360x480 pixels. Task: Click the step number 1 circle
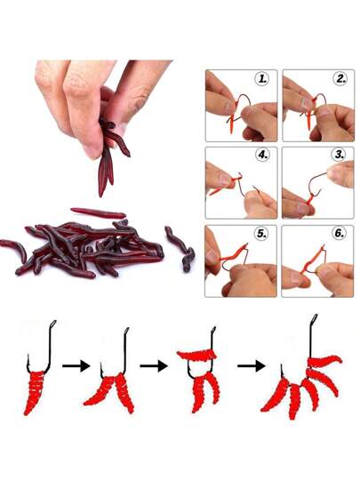click(x=261, y=79)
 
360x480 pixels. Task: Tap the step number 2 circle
click(x=340, y=79)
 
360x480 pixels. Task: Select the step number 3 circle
click(x=340, y=155)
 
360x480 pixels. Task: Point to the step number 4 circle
click(x=262, y=155)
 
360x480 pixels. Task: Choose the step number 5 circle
click(x=261, y=233)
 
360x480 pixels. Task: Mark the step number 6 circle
click(x=339, y=233)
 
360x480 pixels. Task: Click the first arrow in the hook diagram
click(x=76, y=365)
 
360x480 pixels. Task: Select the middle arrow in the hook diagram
click(x=154, y=365)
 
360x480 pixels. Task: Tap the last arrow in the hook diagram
click(x=252, y=365)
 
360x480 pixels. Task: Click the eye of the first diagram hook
click(x=52, y=324)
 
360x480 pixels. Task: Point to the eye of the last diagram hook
click(x=315, y=319)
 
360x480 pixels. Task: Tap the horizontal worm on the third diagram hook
click(x=196, y=355)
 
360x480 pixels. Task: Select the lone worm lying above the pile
click(x=98, y=212)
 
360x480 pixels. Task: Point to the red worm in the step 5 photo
click(x=234, y=256)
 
